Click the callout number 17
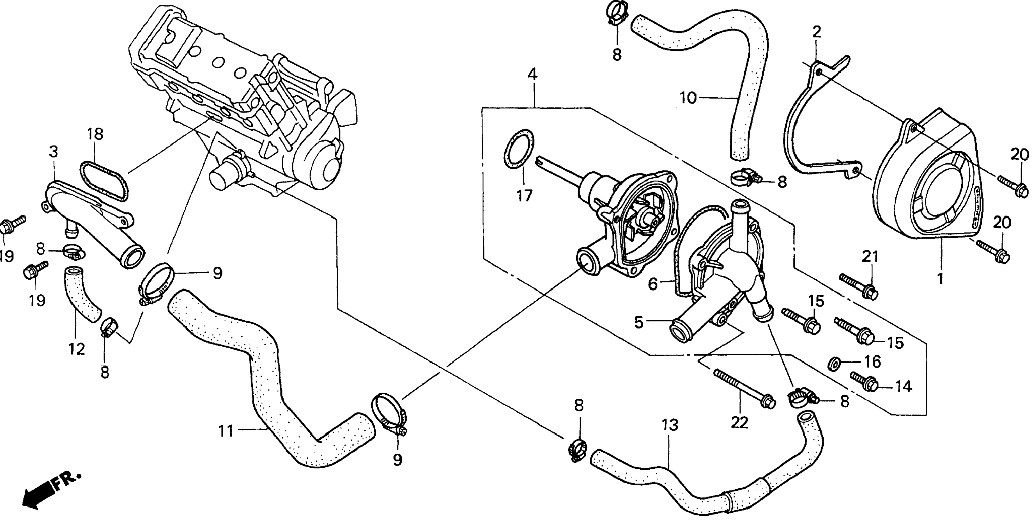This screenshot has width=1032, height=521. pyautogui.click(x=524, y=196)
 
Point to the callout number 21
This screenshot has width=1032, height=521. pyautogui.click(x=870, y=257)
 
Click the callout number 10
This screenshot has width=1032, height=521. pyautogui.click(x=689, y=97)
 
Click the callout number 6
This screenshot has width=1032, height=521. pyautogui.click(x=653, y=285)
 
